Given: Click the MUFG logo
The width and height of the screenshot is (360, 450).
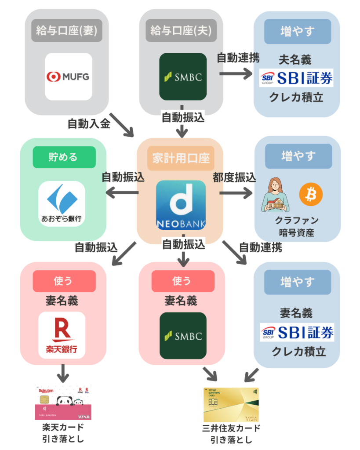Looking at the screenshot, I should pyautogui.click(x=68, y=77).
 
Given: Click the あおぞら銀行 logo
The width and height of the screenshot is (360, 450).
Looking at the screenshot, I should pyautogui.click(x=62, y=203).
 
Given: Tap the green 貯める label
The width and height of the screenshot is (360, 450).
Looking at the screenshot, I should pyautogui.click(x=64, y=157).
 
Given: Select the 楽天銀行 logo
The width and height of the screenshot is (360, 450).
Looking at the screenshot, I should pyautogui.click(x=62, y=335).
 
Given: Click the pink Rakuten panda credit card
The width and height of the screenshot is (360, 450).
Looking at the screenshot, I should pyautogui.click(x=63, y=402).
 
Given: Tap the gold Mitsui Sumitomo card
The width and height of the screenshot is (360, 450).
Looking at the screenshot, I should pyautogui.click(x=231, y=405).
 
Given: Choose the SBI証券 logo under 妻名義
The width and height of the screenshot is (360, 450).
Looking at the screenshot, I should pyautogui.click(x=297, y=332).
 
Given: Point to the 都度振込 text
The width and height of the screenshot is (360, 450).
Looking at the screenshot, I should pyautogui.click(x=234, y=178).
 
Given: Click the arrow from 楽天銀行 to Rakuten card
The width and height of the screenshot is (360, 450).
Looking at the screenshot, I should pyautogui.click(x=63, y=374).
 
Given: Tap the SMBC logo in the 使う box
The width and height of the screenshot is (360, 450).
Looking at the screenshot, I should pyautogui.click(x=182, y=336).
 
